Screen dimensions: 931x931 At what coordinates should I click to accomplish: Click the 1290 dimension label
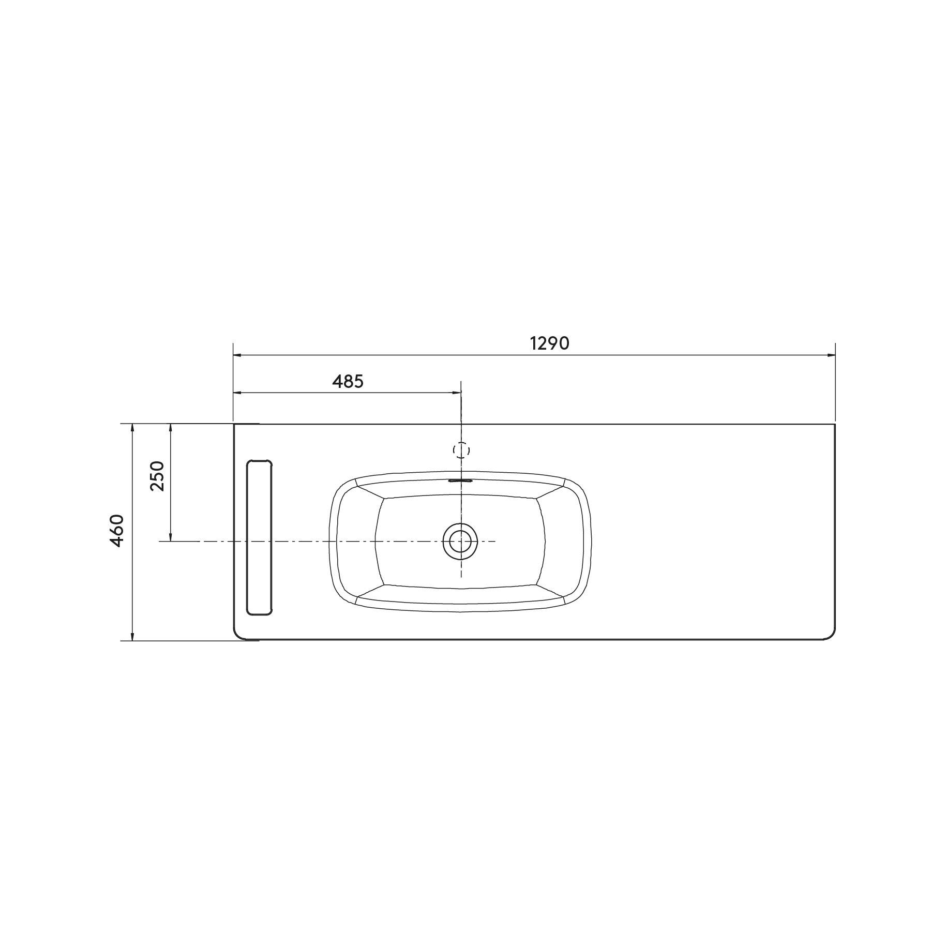[550, 343]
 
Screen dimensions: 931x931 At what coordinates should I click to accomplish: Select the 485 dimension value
[348, 381]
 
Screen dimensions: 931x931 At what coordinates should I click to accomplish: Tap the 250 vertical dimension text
[157, 475]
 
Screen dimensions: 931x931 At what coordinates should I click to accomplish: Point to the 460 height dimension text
[117, 531]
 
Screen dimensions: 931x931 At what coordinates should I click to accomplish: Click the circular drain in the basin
[460, 542]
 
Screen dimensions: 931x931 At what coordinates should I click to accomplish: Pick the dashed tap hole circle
[461, 450]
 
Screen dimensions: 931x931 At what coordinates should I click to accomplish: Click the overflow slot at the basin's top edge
[460, 480]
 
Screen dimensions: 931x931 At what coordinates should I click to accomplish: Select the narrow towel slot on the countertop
[259, 537]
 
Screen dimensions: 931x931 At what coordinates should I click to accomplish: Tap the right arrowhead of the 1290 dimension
[832, 355]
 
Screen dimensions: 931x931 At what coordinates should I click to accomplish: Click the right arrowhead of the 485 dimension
[457, 393]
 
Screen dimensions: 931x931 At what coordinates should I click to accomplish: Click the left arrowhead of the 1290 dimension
[237, 355]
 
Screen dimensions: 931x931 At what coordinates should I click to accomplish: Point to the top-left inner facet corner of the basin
[383, 499]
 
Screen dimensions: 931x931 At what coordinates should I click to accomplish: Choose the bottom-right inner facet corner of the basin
[537, 585]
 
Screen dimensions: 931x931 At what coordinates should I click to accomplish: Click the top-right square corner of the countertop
[835, 424]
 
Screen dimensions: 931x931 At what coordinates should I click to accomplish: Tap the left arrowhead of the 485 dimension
[237, 393]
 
